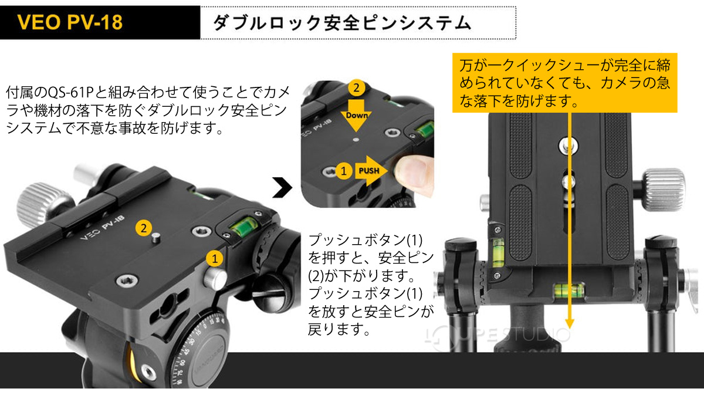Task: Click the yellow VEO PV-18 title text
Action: [x=70, y=23]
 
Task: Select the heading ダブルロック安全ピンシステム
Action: [x=342, y=23]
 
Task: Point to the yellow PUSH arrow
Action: [x=370, y=171]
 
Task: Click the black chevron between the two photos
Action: [x=282, y=188]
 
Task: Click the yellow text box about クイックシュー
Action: [x=566, y=82]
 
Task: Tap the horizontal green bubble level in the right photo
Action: [x=567, y=288]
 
